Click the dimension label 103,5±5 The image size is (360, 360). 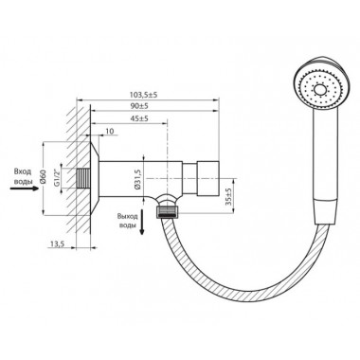tap(144, 95)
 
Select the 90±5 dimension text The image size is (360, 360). tap(139, 106)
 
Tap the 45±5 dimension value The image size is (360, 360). tap(139, 118)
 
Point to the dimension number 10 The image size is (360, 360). tap(110, 131)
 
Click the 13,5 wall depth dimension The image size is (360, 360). tap(57, 243)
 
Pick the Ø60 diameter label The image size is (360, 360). tap(44, 177)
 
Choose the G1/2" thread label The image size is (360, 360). tap(57, 178)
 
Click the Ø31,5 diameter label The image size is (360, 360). tap(137, 178)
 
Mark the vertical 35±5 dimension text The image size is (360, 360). tap(229, 196)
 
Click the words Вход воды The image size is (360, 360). tap(23, 176)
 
